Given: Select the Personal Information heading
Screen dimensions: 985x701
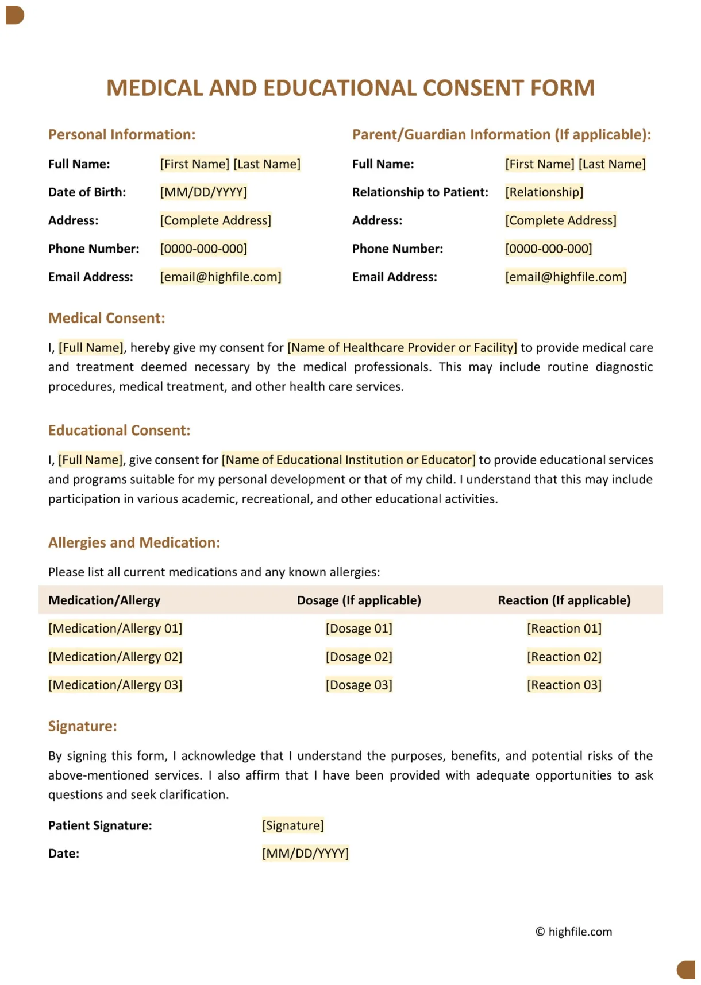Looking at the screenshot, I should tap(122, 135).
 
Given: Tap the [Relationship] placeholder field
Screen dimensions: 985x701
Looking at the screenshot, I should tap(544, 192).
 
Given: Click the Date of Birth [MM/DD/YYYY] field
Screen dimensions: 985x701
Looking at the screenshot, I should tap(203, 192).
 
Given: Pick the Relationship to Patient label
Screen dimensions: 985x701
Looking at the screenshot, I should tap(420, 192).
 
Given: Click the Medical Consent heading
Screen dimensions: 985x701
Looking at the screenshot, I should tap(106, 319).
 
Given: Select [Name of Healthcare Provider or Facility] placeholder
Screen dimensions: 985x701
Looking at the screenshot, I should tap(402, 348).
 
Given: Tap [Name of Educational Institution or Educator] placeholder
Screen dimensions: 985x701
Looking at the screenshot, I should tap(348, 460).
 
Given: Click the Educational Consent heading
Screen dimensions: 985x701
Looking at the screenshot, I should tap(119, 431).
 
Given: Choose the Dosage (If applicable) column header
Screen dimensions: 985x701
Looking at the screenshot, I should tap(359, 600).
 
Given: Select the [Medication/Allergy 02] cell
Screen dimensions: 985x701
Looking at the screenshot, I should tap(115, 657).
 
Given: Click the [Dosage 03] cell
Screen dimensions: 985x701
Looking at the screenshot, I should tap(359, 685).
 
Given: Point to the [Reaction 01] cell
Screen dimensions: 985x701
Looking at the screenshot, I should tap(564, 629).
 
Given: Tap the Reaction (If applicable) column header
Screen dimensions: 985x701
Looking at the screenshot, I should tap(564, 600).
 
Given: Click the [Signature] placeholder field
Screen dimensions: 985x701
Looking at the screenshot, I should tap(293, 825).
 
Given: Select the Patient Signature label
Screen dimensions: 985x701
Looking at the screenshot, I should tap(100, 825).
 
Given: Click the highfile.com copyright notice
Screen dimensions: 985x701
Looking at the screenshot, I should tap(573, 932).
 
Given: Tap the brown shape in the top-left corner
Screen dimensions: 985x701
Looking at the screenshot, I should tap(14, 15).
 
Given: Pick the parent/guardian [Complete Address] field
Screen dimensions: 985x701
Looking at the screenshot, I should tap(560, 220).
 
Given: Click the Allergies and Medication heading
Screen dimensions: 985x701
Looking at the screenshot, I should tap(134, 543).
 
